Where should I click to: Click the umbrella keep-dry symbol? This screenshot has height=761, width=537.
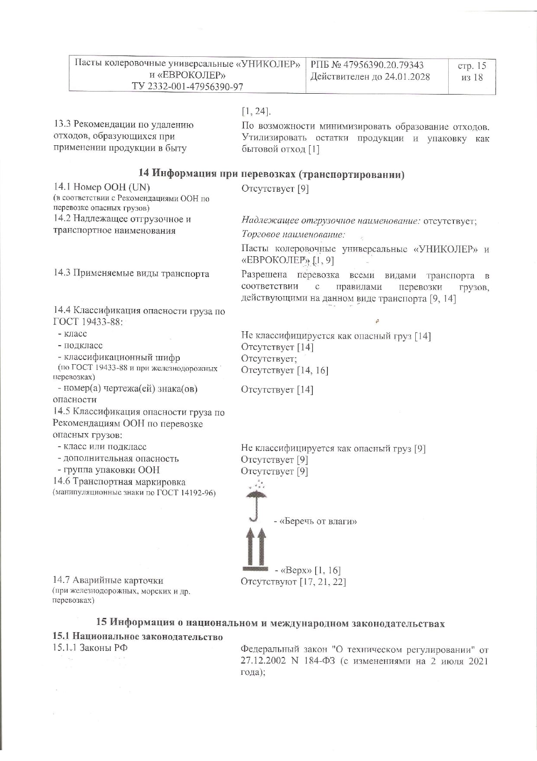(256, 501)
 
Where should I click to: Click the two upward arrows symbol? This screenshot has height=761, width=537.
(256, 547)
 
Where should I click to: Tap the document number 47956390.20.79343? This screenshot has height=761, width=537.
(383, 65)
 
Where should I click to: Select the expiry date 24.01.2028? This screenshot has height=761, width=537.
(407, 77)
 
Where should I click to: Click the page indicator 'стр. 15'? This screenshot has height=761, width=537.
(472, 66)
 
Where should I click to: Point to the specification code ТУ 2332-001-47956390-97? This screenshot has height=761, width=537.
(188, 86)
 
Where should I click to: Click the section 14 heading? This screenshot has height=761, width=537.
(272, 174)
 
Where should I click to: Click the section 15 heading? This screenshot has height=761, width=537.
(270, 623)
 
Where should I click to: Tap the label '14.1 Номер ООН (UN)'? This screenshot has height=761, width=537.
(102, 187)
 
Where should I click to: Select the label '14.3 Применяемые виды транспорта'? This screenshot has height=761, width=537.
(131, 274)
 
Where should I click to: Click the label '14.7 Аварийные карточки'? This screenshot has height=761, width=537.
(108, 581)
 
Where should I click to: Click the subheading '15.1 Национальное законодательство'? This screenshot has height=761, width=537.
(138, 637)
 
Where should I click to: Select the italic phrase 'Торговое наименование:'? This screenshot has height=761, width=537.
(293, 235)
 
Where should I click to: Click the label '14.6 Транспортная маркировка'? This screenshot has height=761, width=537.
(119, 482)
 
